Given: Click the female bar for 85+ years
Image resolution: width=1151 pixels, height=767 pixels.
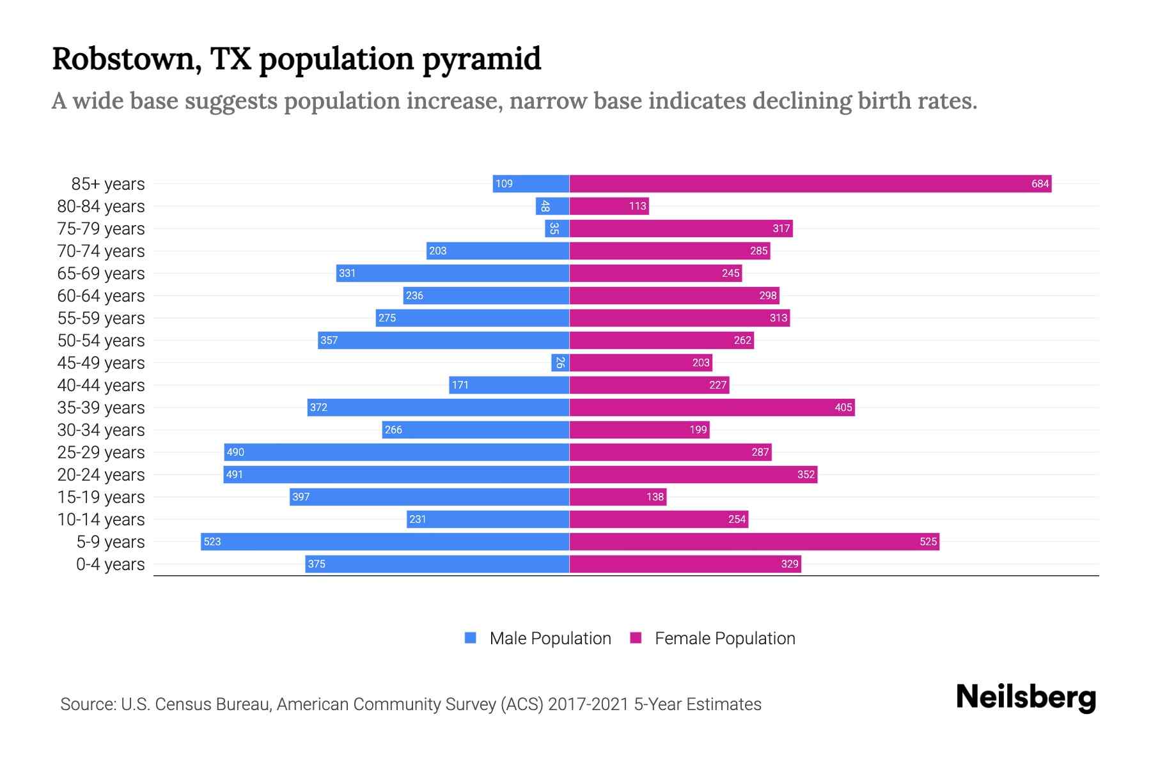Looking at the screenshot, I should tap(810, 184).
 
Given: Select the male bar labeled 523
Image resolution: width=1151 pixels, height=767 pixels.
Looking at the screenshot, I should tap(385, 542).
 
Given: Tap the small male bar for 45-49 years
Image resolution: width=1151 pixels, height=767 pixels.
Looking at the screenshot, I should tap(560, 363).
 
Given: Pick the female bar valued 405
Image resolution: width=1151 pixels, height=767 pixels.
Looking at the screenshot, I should tap(712, 408).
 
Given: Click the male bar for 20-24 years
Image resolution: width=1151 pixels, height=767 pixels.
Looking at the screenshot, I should tap(396, 475).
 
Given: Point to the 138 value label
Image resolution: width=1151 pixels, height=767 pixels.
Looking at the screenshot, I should tap(655, 497).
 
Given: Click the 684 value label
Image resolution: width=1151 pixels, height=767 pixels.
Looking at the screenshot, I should tap(1040, 184).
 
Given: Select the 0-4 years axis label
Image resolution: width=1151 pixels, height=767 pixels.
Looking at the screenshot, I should tap(110, 564).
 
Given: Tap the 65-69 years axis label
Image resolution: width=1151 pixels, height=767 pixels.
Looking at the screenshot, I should tap(101, 274).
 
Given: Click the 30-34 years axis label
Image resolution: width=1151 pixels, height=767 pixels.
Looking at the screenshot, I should tap(101, 430).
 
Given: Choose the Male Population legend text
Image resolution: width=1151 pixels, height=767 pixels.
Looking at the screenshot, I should tap(550, 639).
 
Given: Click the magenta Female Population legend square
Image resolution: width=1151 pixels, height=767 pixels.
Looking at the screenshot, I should tap(636, 638).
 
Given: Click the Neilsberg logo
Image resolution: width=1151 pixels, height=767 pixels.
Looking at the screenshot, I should tap(1026, 697).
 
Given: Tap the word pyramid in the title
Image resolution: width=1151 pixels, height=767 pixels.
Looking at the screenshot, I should tap(482, 59).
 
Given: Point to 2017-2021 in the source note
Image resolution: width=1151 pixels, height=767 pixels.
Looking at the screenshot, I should tap(588, 704).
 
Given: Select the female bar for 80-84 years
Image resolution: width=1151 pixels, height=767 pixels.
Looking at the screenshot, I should tap(609, 206).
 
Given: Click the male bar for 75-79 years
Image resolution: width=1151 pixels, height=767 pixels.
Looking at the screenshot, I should tap(556, 229).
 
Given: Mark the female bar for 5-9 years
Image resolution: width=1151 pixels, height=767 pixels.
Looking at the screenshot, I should tap(754, 542).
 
